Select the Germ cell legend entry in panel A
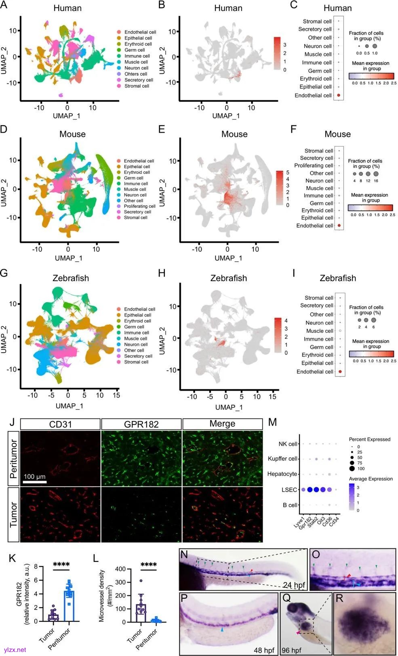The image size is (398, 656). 135,50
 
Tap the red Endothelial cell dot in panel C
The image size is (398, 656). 339,95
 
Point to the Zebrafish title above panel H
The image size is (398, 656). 228,278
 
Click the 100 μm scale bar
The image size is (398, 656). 35,482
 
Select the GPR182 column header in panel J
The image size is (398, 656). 141,424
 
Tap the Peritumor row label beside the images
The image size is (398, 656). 14,458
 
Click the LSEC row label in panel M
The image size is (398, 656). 289,490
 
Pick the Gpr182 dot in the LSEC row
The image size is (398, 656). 310,490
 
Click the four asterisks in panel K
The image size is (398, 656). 61,564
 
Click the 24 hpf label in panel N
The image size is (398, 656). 294,585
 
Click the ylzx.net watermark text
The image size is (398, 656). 15,650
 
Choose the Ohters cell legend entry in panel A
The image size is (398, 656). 136,74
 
